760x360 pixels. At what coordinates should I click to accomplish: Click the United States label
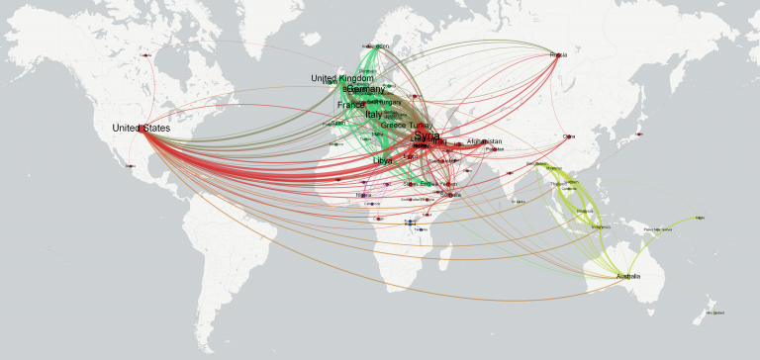click(x=141, y=129)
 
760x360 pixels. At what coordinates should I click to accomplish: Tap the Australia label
click(x=628, y=276)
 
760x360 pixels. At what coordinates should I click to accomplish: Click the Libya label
click(x=382, y=159)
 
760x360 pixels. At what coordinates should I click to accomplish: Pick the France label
click(x=350, y=105)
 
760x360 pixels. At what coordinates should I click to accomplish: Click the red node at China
click(x=568, y=136)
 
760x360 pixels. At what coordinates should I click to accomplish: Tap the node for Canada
click(x=146, y=55)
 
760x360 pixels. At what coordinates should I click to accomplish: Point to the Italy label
click(x=373, y=115)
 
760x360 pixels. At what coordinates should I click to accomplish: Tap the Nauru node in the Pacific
click(x=701, y=218)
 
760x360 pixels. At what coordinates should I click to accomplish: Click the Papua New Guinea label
click(x=658, y=229)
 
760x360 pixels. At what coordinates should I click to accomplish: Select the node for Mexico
click(x=130, y=166)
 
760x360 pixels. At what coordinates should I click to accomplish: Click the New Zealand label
click(x=715, y=314)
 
